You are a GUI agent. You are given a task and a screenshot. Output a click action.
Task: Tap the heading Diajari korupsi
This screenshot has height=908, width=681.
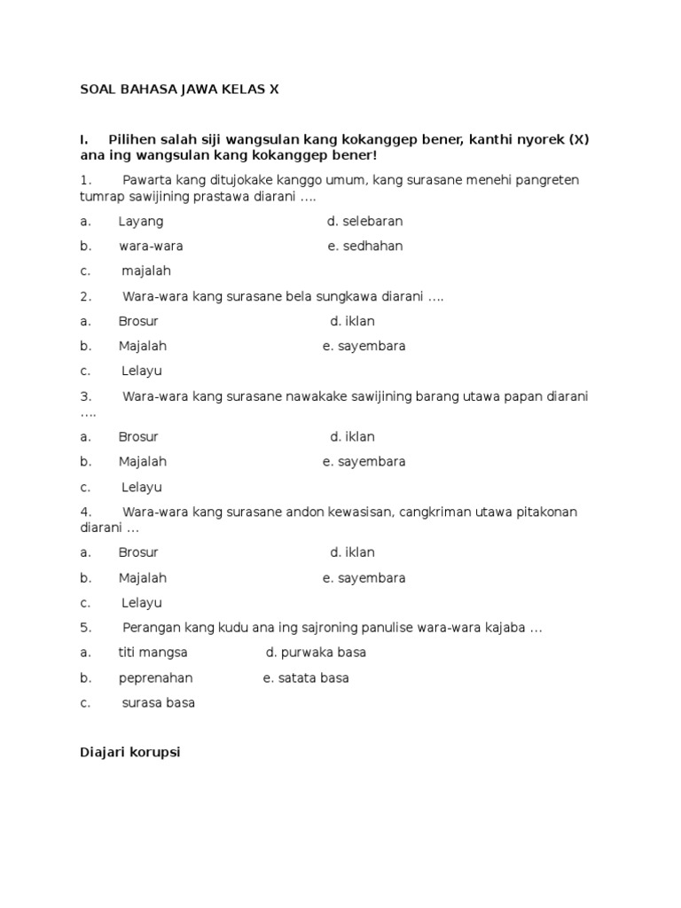click(x=129, y=753)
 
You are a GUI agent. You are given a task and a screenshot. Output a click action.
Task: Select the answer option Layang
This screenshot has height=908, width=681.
click(x=141, y=221)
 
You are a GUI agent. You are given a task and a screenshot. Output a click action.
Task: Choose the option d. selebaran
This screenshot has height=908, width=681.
click(x=364, y=221)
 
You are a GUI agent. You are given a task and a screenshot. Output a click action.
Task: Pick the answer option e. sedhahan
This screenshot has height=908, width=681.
click(x=364, y=246)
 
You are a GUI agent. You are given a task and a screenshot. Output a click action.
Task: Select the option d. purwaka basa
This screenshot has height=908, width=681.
click(x=316, y=653)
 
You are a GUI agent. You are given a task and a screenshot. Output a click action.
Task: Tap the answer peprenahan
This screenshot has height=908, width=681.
click(x=155, y=677)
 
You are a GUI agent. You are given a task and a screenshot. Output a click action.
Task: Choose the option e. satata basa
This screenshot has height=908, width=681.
click(x=306, y=677)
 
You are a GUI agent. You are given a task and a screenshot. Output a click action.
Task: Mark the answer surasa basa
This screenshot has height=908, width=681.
click(x=158, y=703)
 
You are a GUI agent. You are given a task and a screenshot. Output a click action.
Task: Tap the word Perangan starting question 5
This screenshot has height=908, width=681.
click(x=151, y=628)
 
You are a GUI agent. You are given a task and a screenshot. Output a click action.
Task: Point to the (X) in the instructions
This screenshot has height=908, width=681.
click(x=578, y=140)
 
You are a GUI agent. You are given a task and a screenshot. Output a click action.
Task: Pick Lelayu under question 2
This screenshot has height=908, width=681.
click(x=141, y=372)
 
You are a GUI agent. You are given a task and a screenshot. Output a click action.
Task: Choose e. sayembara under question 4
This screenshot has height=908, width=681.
click(x=364, y=578)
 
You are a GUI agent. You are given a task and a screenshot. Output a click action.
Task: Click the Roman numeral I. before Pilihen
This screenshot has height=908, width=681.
click(x=84, y=140)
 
